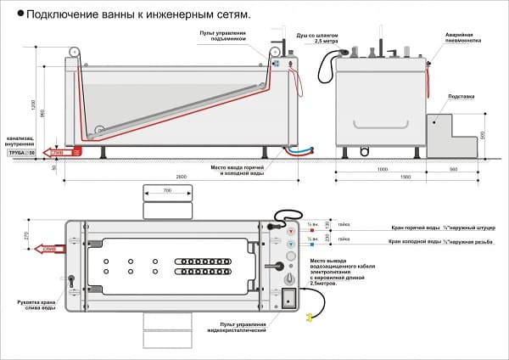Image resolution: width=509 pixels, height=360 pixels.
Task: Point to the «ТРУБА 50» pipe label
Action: click(x=20, y=153)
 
